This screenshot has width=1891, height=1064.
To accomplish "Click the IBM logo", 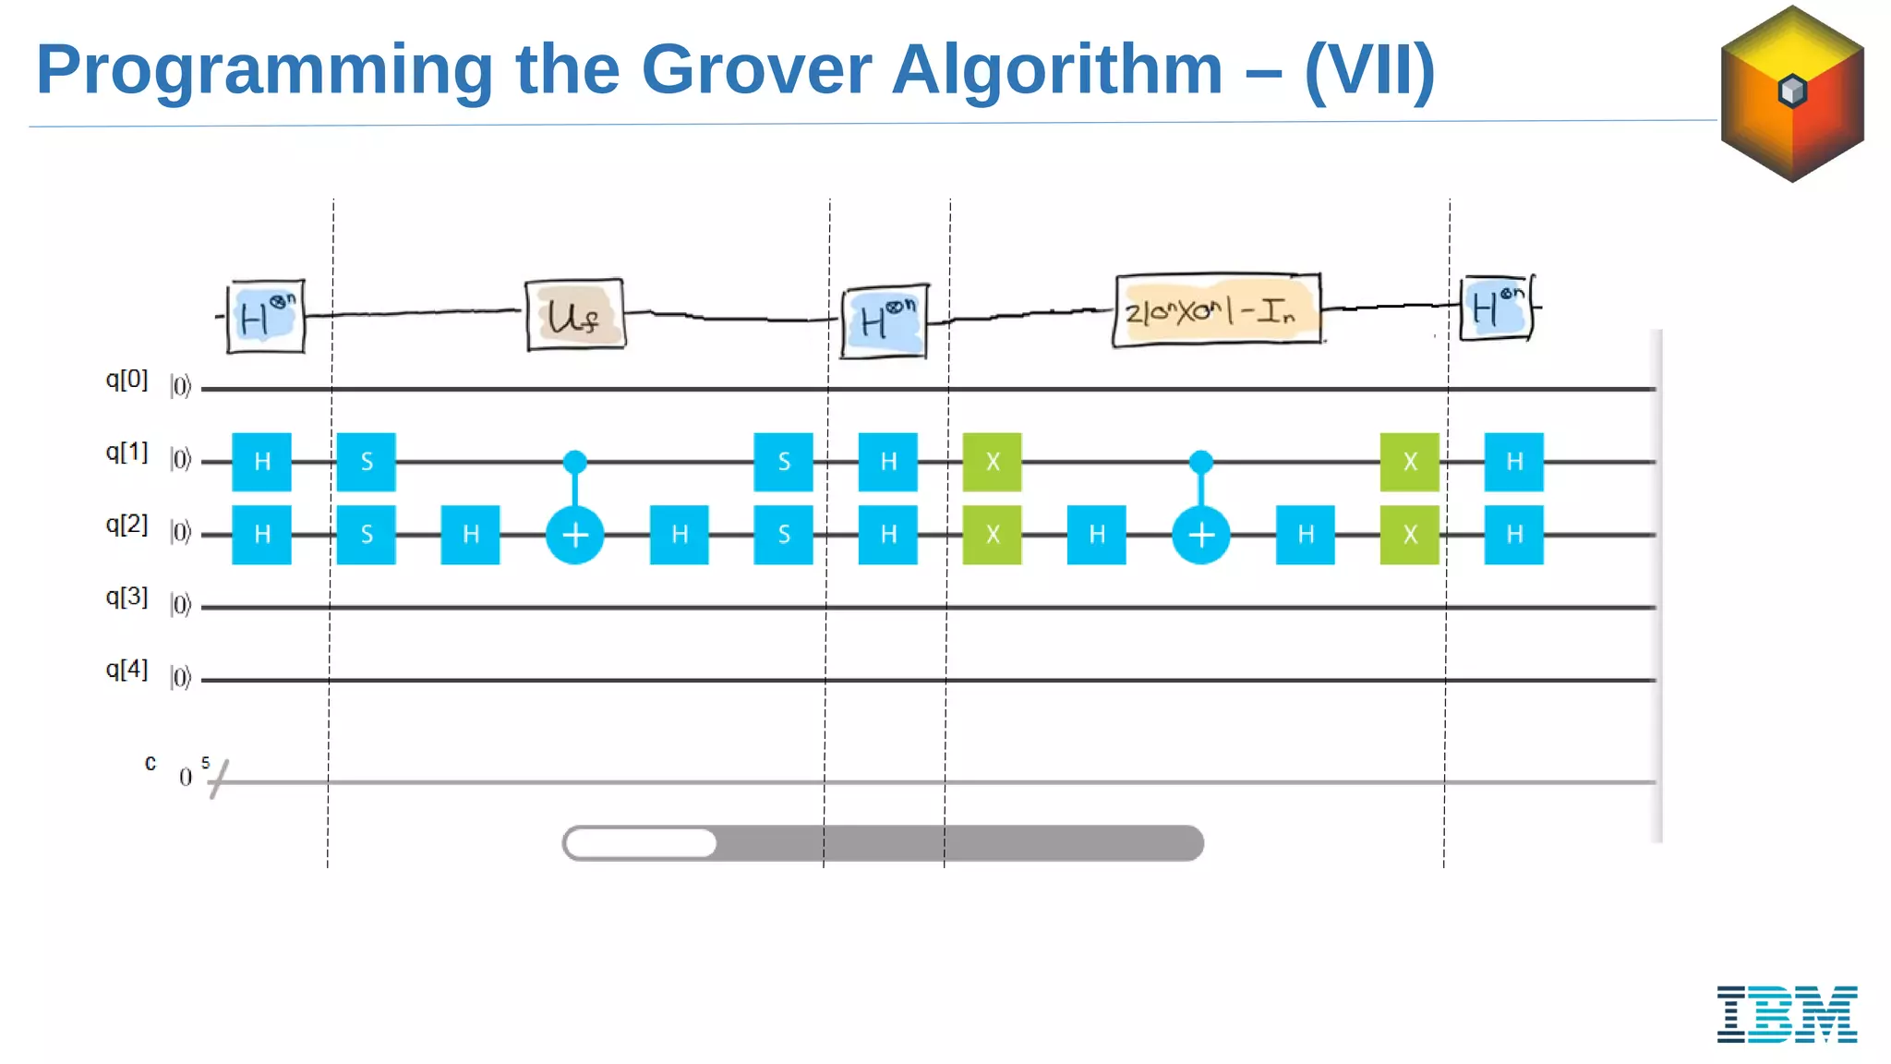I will [1787, 1013].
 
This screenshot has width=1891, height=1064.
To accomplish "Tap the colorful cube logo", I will [1792, 93].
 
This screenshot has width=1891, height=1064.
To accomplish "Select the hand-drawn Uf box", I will [574, 315].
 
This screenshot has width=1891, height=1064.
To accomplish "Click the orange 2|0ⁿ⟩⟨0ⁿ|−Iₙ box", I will [1217, 310].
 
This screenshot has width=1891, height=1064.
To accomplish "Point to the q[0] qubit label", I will [126, 380].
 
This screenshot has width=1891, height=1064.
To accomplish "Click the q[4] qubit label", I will [126, 670].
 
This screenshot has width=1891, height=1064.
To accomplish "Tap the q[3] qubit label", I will [126, 597].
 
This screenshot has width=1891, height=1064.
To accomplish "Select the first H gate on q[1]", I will [261, 462].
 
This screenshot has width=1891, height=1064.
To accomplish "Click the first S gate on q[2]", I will [367, 535].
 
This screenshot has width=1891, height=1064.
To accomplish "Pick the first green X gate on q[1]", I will [992, 462].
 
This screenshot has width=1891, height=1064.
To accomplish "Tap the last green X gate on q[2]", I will [1409, 535].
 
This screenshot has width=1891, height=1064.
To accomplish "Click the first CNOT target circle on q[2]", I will [574, 535].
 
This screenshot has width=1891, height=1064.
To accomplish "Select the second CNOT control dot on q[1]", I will [1200, 461].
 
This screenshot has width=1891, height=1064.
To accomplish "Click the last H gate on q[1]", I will [1513, 462].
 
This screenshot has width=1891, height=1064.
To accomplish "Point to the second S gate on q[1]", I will [783, 462].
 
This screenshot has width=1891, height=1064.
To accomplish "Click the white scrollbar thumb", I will [641, 843].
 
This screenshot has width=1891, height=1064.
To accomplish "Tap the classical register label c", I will [151, 763].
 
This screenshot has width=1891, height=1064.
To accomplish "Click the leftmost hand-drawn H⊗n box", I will [266, 317].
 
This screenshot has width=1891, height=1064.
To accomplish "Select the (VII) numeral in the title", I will [1369, 69].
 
